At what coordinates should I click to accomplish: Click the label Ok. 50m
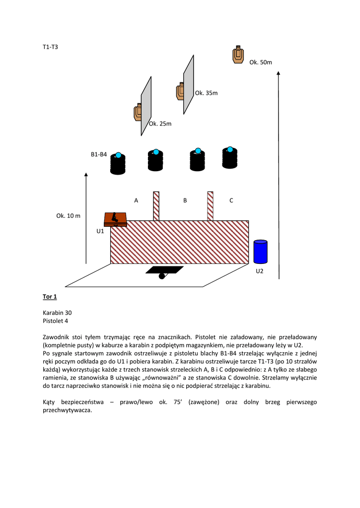click(261, 63)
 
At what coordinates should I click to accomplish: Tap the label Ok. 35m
click(207, 93)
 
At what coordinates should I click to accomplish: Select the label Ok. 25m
click(160, 124)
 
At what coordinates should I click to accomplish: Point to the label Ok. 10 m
click(68, 216)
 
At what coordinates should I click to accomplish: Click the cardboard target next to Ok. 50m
click(238, 55)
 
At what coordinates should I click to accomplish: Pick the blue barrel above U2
click(261, 252)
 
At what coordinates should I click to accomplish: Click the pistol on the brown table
click(115, 217)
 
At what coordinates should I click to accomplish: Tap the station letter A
click(136, 200)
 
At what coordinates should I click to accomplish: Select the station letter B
click(185, 200)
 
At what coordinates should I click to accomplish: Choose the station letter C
click(231, 200)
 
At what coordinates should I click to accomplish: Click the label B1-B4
click(99, 155)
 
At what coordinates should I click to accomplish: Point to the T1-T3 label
click(51, 47)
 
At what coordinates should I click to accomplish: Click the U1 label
click(100, 231)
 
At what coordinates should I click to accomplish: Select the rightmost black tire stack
click(229, 158)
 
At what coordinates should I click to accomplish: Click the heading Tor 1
click(50, 297)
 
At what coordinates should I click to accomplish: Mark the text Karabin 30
click(57, 313)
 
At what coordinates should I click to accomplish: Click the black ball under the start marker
click(162, 276)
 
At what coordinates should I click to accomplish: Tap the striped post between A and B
click(156, 206)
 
